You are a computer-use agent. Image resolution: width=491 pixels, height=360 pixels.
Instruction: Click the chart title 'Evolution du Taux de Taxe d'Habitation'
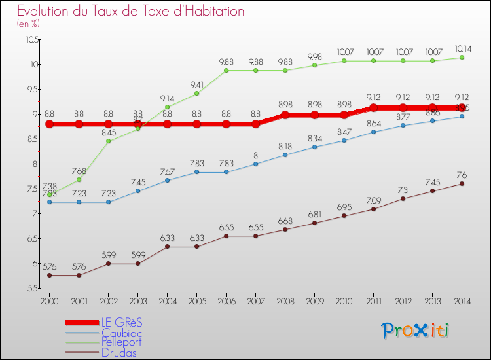click(x=131, y=12)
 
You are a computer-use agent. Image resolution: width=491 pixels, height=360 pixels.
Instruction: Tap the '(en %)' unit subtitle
click(x=28, y=24)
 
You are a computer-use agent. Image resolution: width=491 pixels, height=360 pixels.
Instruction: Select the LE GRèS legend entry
click(x=120, y=323)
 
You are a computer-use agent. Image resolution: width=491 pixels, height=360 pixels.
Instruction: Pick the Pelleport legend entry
click(x=120, y=342)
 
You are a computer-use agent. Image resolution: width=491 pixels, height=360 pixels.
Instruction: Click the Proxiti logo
click(x=416, y=331)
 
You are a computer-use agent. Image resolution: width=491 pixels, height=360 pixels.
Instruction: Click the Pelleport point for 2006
click(x=226, y=70)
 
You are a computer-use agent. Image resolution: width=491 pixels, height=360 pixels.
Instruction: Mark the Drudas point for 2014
click(x=462, y=184)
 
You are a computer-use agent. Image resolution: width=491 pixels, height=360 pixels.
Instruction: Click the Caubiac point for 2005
click(x=196, y=172)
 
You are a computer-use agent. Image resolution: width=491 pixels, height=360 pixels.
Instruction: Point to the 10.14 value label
click(x=462, y=48)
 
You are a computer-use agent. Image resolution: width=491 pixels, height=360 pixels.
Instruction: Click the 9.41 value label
click(x=196, y=84)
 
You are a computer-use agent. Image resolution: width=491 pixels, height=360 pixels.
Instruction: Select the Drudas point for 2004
click(x=167, y=247)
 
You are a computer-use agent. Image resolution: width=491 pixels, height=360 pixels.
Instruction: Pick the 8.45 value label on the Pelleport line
click(x=108, y=132)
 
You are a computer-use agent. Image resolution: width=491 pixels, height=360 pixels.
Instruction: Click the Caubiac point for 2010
click(x=344, y=140)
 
